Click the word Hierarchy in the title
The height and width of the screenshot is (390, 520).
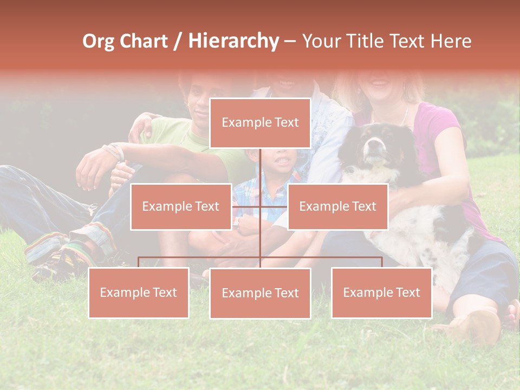point(233,41)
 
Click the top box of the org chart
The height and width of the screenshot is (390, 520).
point(260,122)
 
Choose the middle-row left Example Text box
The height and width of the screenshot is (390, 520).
point(181,206)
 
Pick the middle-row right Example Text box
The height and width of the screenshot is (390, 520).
point(337,206)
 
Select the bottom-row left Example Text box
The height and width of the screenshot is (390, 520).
point(139,292)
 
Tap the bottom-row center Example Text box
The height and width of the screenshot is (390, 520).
point(260,293)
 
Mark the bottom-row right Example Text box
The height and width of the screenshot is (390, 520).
point(381,292)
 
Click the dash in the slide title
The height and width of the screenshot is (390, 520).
point(290,41)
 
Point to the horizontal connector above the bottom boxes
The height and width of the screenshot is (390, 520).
point(200,257)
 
